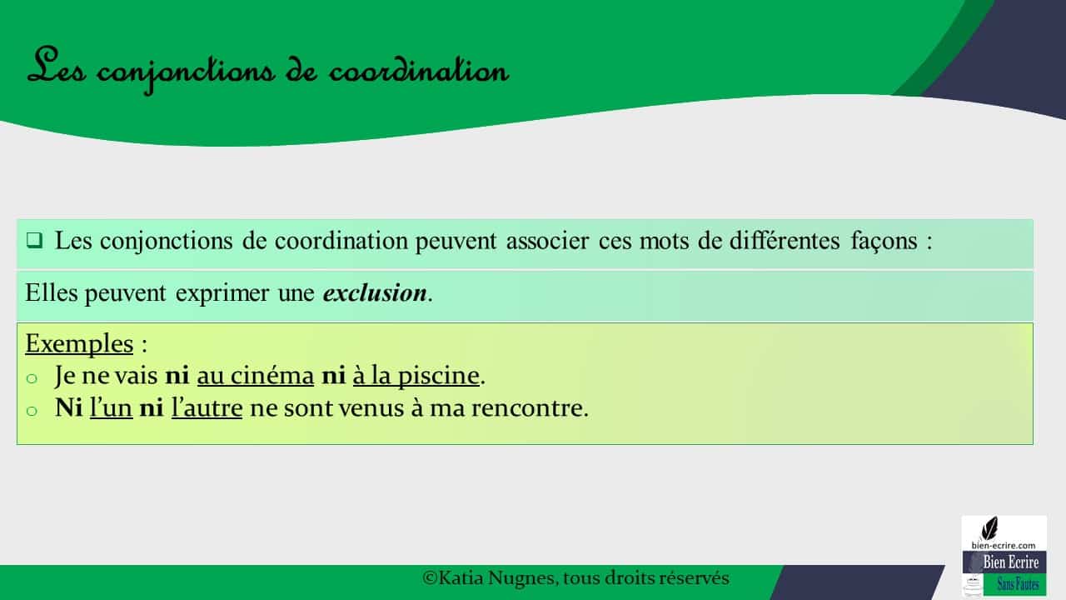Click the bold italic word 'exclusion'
coord(374,294)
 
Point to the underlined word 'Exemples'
coord(79,343)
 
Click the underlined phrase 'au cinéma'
coord(255,376)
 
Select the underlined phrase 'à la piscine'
coord(416,376)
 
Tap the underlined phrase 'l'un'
coord(111,409)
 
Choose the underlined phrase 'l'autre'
coord(207,409)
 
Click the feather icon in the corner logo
coord(989,527)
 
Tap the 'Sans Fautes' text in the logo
coord(1018,585)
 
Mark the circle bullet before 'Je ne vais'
coord(32,377)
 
